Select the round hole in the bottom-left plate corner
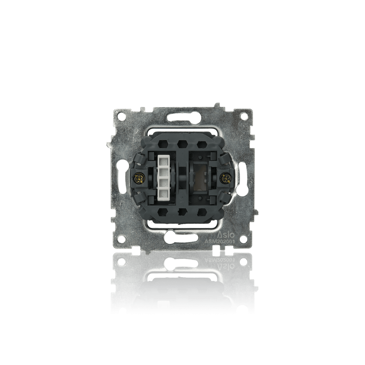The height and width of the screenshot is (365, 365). (x=122, y=238)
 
